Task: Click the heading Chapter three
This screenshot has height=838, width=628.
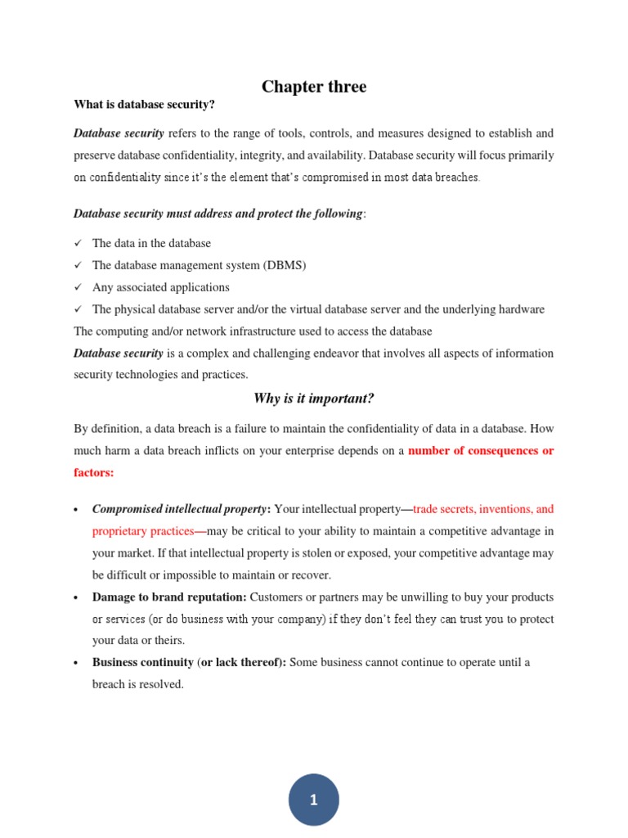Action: coord(314,87)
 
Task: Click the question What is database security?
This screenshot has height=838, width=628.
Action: coord(144,105)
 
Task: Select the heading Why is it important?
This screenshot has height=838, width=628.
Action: coord(313,399)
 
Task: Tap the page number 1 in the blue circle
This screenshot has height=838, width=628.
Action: coord(314,800)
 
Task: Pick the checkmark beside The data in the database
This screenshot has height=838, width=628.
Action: coord(78,244)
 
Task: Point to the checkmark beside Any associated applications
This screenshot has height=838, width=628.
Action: coord(78,288)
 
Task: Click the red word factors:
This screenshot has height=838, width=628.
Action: coord(94,473)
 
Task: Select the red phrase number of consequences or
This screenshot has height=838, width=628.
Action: coord(481,451)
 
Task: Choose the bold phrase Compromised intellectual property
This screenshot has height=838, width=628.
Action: coord(179,509)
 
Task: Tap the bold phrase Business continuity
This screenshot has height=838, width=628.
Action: coord(143,662)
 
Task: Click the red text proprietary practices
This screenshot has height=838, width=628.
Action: coord(143,531)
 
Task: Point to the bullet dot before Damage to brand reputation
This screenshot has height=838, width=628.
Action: coord(76,597)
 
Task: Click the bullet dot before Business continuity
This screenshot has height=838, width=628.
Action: coord(76,663)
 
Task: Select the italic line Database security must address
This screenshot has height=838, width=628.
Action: coord(218,214)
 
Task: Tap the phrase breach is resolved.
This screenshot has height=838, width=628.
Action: coord(137,684)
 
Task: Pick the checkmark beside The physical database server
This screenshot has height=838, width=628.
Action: coord(78,310)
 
